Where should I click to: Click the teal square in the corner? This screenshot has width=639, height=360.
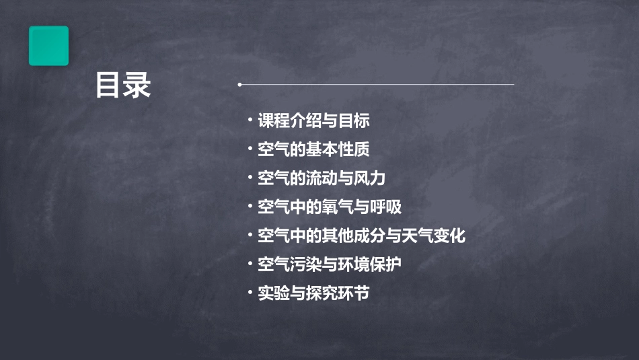click(48, 46)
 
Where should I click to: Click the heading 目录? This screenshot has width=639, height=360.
click(123, 86)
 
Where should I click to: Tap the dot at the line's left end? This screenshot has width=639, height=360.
click(239, 85)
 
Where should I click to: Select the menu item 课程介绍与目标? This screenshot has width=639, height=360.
click(313, 121)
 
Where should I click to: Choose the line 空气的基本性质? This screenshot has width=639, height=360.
click(313, 149)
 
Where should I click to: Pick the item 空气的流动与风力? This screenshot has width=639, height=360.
click(322, 178)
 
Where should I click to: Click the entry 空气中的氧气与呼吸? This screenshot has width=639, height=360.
click(330, 207)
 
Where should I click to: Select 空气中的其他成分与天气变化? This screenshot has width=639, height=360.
click(361, 236)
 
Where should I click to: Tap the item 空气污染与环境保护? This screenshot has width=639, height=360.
click(330, 264)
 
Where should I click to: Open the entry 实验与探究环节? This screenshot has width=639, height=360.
click(313, 293)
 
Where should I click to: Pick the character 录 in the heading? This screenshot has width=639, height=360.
click(137, 86)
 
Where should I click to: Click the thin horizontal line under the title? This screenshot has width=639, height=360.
click(377, 85)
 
